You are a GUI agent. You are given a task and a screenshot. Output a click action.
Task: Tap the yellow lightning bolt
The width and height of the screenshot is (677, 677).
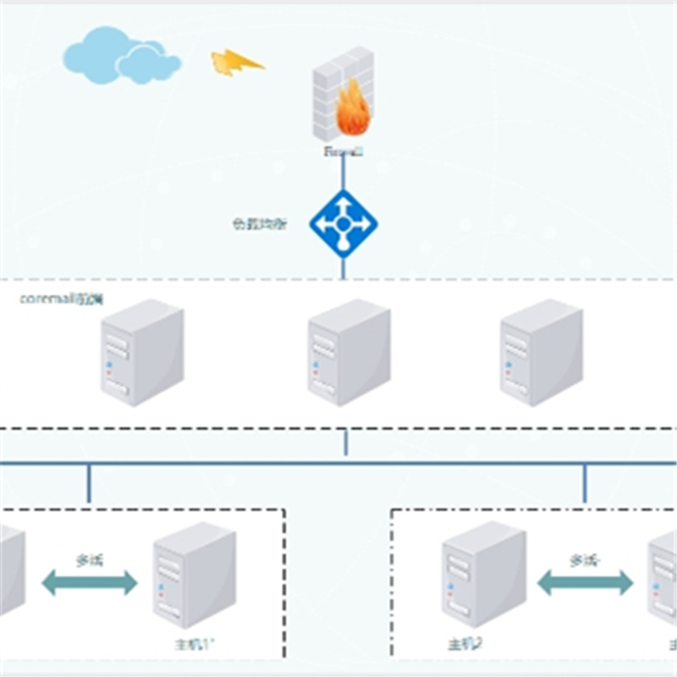click(236, 63)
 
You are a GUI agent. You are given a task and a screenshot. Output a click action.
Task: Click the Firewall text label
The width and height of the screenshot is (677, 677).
click(343, 151)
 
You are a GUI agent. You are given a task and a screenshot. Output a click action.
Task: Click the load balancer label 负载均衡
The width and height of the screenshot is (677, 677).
click(259, 224)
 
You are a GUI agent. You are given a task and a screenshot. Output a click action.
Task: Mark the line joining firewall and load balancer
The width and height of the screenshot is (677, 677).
click(343, 175)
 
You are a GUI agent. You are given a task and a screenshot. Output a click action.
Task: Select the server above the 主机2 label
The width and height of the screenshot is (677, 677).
click(483, 575)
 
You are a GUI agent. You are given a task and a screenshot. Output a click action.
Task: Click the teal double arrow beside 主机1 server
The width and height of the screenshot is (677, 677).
click(90, 582)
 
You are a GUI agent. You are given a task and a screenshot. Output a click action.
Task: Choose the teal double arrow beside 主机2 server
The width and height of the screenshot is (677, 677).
click(585, 582)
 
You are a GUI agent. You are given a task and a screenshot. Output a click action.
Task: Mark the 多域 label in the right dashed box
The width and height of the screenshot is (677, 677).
click(585, 560)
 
